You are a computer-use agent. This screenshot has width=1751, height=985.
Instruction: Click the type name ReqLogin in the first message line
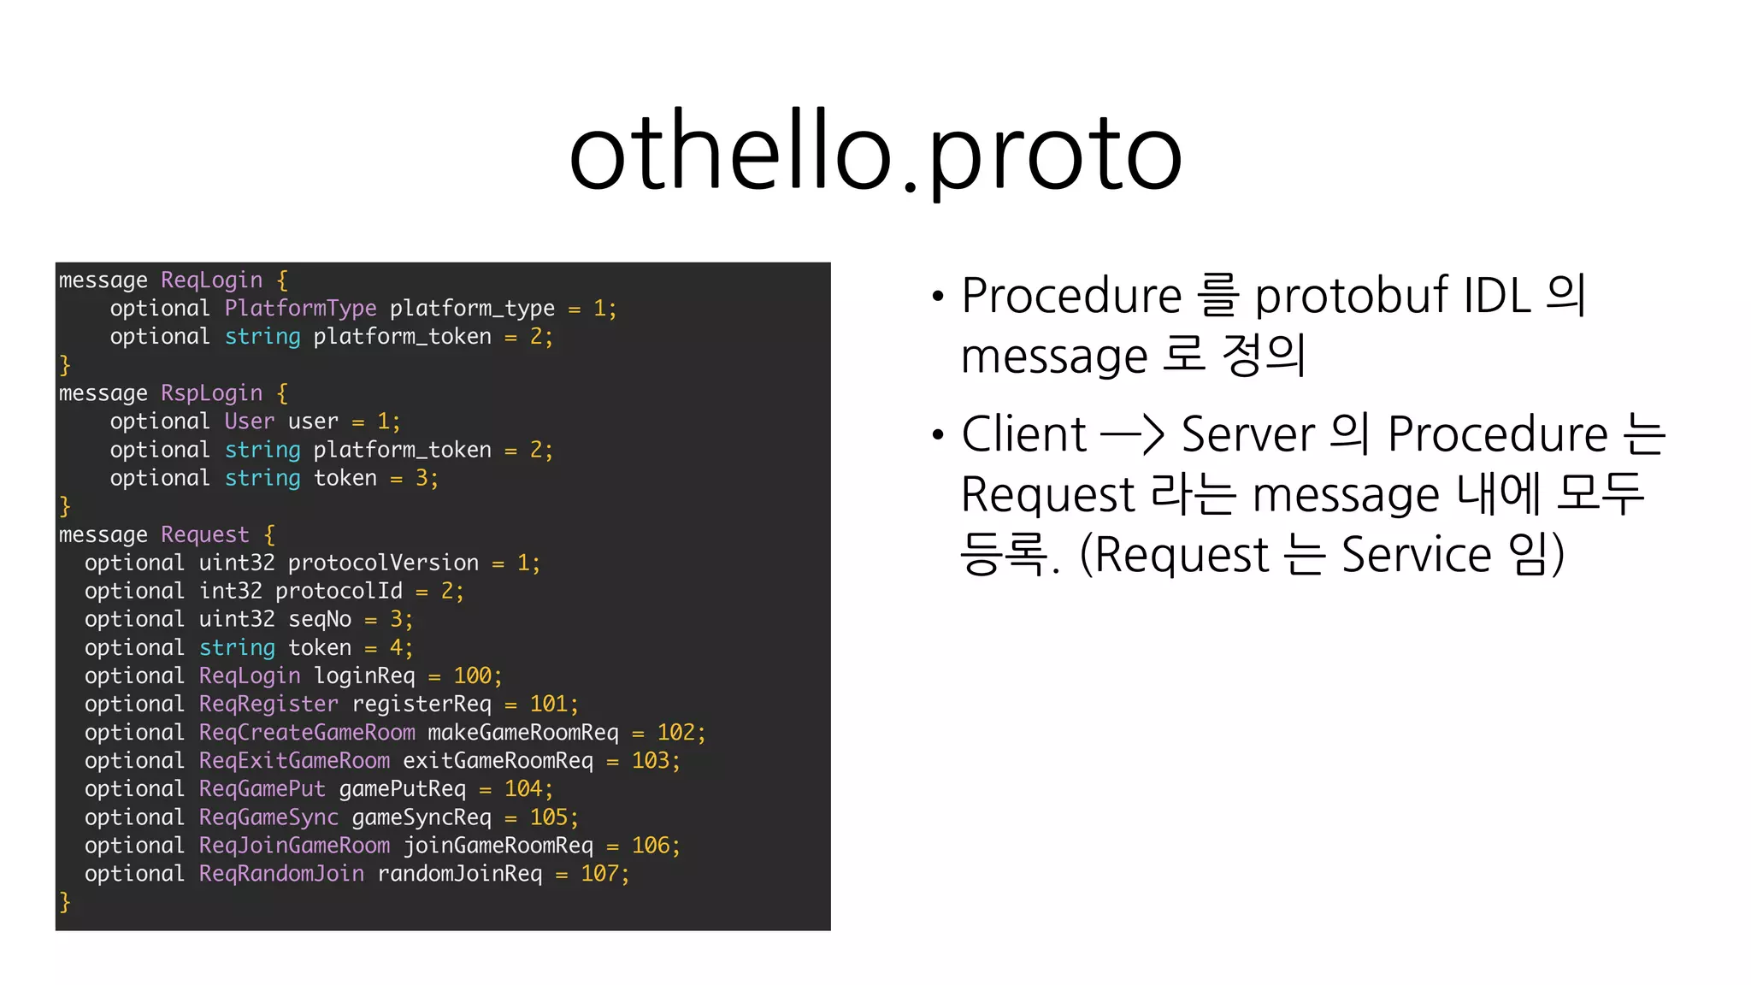pos(211,280)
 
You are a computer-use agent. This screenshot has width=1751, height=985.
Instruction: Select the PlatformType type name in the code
pos(300,309)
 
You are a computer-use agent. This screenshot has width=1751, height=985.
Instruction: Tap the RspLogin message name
pos(211,393)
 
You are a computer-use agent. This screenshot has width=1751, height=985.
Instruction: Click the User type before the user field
pos(249,422)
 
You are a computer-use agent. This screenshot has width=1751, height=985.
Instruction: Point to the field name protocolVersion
pos(383,563)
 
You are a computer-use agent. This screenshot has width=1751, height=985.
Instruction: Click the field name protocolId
pos(339,591)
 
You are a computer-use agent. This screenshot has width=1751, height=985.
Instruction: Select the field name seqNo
pos(320,619)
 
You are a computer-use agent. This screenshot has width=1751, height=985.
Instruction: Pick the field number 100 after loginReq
pos(472,675)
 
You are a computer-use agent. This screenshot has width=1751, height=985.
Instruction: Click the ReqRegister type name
pos(268,704)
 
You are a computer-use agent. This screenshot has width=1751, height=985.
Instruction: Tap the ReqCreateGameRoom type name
pos(307,732)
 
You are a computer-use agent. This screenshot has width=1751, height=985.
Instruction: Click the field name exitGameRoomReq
pos(498,760)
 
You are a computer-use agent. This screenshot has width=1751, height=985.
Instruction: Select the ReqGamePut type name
pos(262,788)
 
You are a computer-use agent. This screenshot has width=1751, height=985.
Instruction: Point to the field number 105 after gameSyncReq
pos(548,817)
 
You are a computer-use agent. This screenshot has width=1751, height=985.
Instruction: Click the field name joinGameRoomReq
pos(498,845)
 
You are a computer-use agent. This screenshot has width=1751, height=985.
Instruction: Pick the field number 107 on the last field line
pos(599,873)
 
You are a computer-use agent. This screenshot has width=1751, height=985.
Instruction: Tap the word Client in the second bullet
pos(1023,434)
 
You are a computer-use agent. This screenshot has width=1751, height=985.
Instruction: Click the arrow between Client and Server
pos(1132,434)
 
